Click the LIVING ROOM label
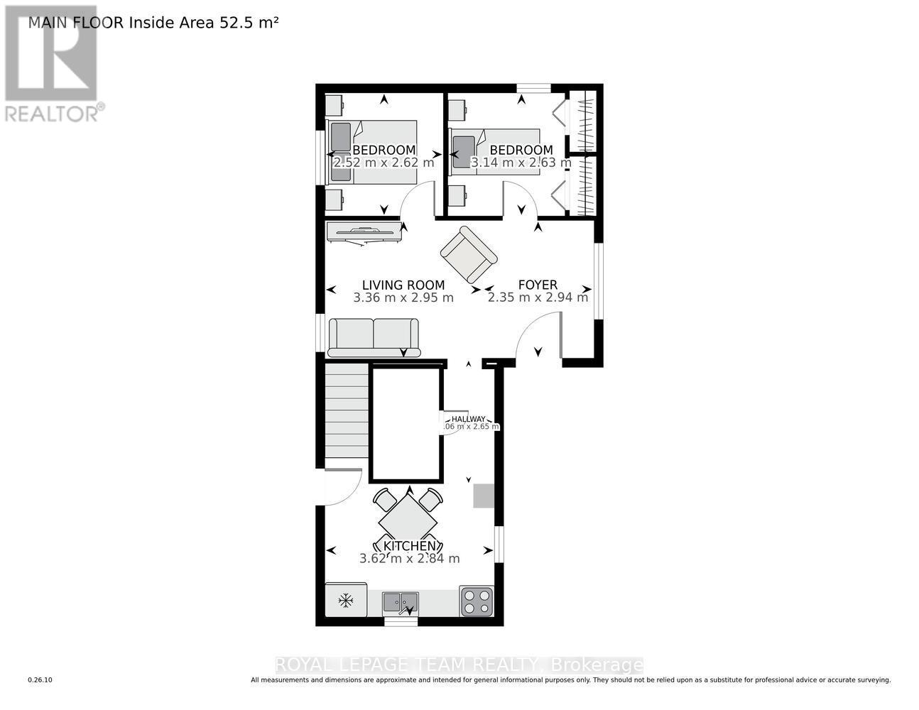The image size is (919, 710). tap(403, 285)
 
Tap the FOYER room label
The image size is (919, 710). tap(538, 285)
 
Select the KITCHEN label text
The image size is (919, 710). tap(409, 546)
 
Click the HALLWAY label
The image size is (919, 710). tap(469, 419)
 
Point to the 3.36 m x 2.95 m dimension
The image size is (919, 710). tap(403, 297)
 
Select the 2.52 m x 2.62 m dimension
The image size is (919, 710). tap(384, 163)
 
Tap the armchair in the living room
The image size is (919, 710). tap(469, 254)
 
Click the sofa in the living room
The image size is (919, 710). tap(374, 337)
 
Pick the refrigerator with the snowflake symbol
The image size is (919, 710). tap(346, 601)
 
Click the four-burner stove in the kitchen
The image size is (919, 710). tap(477, 601)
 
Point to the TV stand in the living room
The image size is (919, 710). tap(364, 231)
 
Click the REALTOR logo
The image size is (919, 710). tap(51, 64)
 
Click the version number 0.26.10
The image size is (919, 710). tap(40, 680)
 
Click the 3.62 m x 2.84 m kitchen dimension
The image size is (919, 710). tap(409, 559)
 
